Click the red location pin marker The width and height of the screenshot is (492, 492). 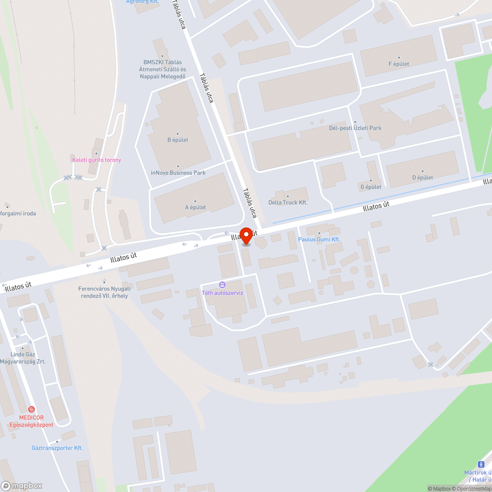click(246, 236)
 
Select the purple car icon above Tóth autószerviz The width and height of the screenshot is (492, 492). click(222, 284)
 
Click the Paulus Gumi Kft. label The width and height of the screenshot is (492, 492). click(319, 240)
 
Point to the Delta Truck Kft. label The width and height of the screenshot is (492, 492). click(288, 202)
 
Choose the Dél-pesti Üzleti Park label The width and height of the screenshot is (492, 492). click(355, 128)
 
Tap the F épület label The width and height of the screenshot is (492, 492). click(399, 64)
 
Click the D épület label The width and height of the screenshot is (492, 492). click(423, 178)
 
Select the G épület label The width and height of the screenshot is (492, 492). click(371, 187)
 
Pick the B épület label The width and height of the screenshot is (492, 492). click(178, 140)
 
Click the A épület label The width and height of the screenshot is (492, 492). click(195, 207)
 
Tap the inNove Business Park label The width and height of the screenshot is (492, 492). click(178, 173)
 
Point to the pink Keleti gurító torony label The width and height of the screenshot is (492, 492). click(96, 160)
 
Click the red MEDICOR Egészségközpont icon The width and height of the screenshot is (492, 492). click(31, 409)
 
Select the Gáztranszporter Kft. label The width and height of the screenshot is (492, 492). click(57, 448)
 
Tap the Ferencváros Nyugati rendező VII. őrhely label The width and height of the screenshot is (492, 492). click(104, 292)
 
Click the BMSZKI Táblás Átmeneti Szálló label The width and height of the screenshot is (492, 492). click(162, 69)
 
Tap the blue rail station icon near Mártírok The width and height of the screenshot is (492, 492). click(481, 464)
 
